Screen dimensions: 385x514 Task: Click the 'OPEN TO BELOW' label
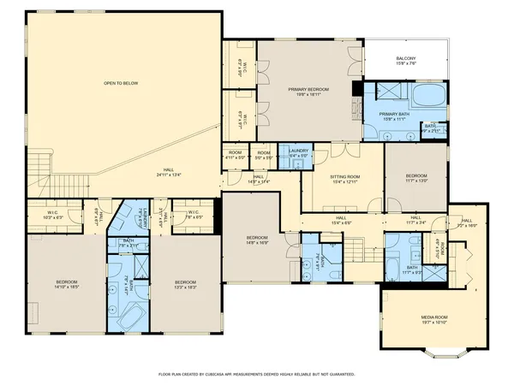(x=121, y=83)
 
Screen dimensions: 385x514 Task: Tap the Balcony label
(x=406, y=60)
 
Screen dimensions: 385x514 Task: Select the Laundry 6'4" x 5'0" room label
(x=298, y=153)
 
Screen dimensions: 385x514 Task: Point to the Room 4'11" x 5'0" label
(x=235, y=156)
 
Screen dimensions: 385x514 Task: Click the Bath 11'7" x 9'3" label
(x=412, y=269)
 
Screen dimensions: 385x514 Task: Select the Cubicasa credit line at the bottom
(x=257, y=374)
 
